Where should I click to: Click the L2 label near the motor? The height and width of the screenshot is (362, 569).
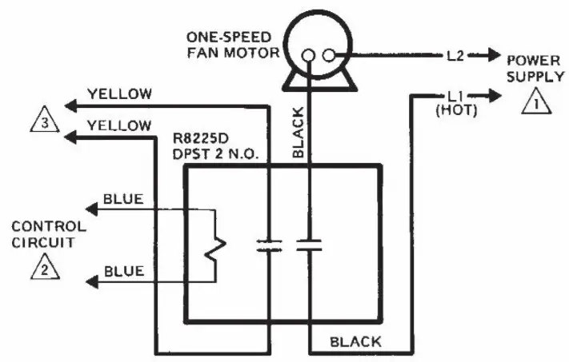coord(455,57)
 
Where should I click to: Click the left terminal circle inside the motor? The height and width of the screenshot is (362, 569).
coord(308,55)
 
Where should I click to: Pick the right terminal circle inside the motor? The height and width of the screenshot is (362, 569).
coord(328,55)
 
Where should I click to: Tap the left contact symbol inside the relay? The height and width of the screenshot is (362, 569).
coord(270,246)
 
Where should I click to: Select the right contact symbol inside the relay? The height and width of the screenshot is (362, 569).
coord(308,246)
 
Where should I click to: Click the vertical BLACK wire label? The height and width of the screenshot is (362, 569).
coord(296,131)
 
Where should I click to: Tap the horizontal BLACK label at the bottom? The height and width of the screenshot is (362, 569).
coord(356,342)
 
